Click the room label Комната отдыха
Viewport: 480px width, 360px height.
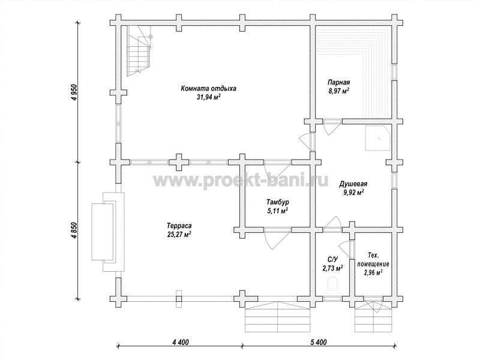pyautogui.click(x=208, y=89)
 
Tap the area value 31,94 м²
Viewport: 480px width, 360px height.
pyautogui.click(x=209, y=98)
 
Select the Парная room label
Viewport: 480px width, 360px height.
pyautogui.click(x=338, y=82)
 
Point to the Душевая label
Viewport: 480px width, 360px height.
pyautogui.click(x=353, y=184)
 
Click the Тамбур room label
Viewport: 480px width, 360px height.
pyautogui.click(x=277, y=202)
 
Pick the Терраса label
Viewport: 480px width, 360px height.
pyautogui.click(x=179, y=226)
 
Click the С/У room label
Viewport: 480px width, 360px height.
pyautogui.click(x=332, y=260)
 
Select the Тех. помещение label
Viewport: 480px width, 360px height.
pyautogui.click(x=373, y=260)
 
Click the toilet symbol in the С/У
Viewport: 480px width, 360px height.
pyautogui.click(x=332, y=283)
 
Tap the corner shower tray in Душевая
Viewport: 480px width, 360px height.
pyautogui.click(x=378, y=138)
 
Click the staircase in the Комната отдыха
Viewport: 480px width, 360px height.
pyautogui.click(x=139, y=51)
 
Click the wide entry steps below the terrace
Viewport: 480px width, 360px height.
pyautogui.click(x=277, y=317)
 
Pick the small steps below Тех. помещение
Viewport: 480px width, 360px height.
pyautogui.click(x=373, y=317)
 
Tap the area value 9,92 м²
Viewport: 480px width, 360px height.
pyautogui.click(x=353, y=193)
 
